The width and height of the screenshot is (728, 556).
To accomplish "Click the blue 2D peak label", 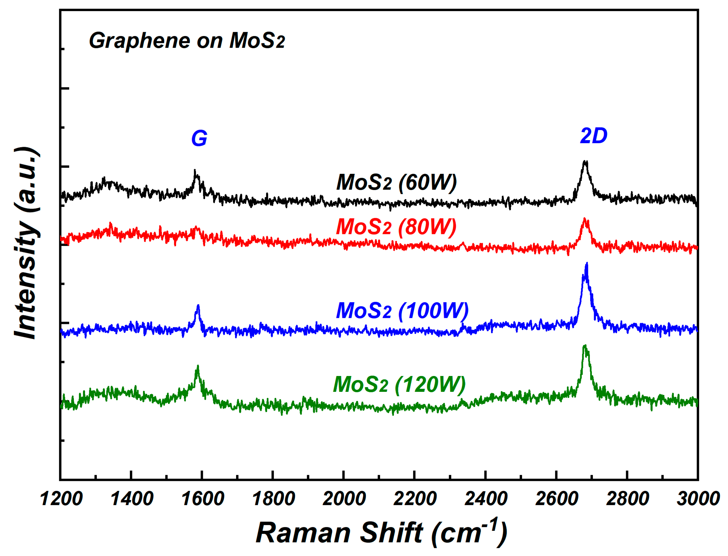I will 593,136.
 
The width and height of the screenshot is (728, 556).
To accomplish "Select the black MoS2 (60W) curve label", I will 396,182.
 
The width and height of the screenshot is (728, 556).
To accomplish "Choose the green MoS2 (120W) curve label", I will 399,385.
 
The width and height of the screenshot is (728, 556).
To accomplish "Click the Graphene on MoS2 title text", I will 187,41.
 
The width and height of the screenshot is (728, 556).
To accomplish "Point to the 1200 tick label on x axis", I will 61,499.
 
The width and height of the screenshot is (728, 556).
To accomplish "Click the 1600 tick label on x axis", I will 202,499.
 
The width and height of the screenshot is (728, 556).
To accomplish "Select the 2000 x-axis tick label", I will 344,499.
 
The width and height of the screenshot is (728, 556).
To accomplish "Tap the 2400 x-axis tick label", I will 486,499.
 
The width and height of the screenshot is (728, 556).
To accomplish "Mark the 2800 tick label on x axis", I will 627,499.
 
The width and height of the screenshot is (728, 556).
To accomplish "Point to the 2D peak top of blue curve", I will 587,263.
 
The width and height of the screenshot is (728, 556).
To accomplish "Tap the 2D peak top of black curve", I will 585,162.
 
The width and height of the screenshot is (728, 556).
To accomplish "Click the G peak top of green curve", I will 198,366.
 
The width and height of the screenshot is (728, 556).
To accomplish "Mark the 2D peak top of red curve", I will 585,219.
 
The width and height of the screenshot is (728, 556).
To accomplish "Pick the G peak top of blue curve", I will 198,305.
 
